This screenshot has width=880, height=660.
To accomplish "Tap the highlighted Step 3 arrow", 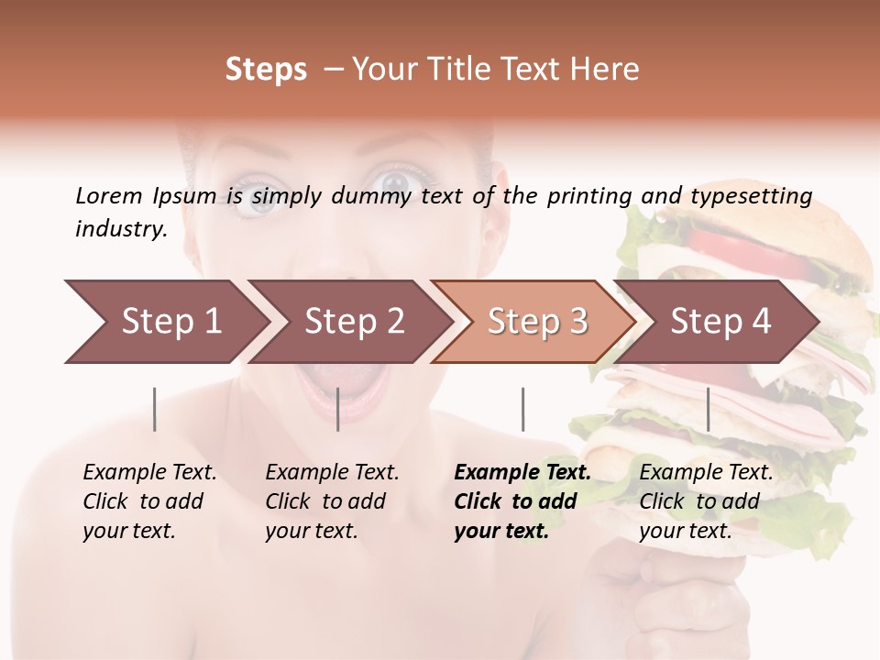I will [x=536, y=322].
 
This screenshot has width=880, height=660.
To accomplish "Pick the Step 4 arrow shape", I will [x=720, y=322].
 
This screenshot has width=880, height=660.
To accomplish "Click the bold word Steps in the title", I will [x=266, y=70].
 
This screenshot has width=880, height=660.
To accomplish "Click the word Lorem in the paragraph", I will [x=109, y=196].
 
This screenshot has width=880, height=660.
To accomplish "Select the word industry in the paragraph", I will [x=120, y=229].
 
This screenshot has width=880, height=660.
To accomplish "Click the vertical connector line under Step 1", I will [x=155, y=409].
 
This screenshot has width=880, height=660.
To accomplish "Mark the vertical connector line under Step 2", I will [x=338, y=409].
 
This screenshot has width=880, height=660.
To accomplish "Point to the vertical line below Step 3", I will [x=522, y=409].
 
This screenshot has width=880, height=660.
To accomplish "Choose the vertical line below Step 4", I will [x=708, y=409].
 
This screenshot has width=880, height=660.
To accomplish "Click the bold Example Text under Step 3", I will [x=522, y=473].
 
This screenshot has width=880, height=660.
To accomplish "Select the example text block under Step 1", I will [x=149, y=501].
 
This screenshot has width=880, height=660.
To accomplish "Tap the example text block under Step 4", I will [x=706, y=501].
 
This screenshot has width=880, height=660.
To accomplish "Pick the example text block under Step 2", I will [x=332, y=501].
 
